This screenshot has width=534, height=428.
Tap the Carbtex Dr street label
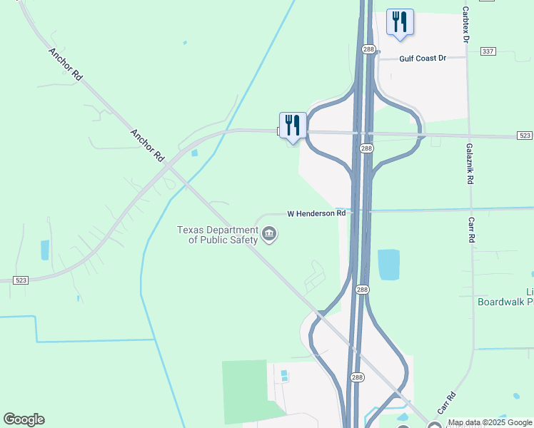(465, 25)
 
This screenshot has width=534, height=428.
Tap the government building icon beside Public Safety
(269, 234)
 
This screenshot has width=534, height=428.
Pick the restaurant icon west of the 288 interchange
(293, 125)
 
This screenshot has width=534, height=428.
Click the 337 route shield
(488, 51)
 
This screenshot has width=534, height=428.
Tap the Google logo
(24, 419)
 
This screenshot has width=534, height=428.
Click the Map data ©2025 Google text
(490, 423)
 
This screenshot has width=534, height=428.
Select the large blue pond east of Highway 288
(388, 265)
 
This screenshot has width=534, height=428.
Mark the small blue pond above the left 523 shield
(45, 250)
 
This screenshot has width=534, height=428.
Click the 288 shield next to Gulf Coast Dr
(368, 49)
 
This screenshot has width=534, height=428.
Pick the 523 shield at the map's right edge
(523, 136)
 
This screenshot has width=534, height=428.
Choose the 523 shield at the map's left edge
(21, 281)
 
